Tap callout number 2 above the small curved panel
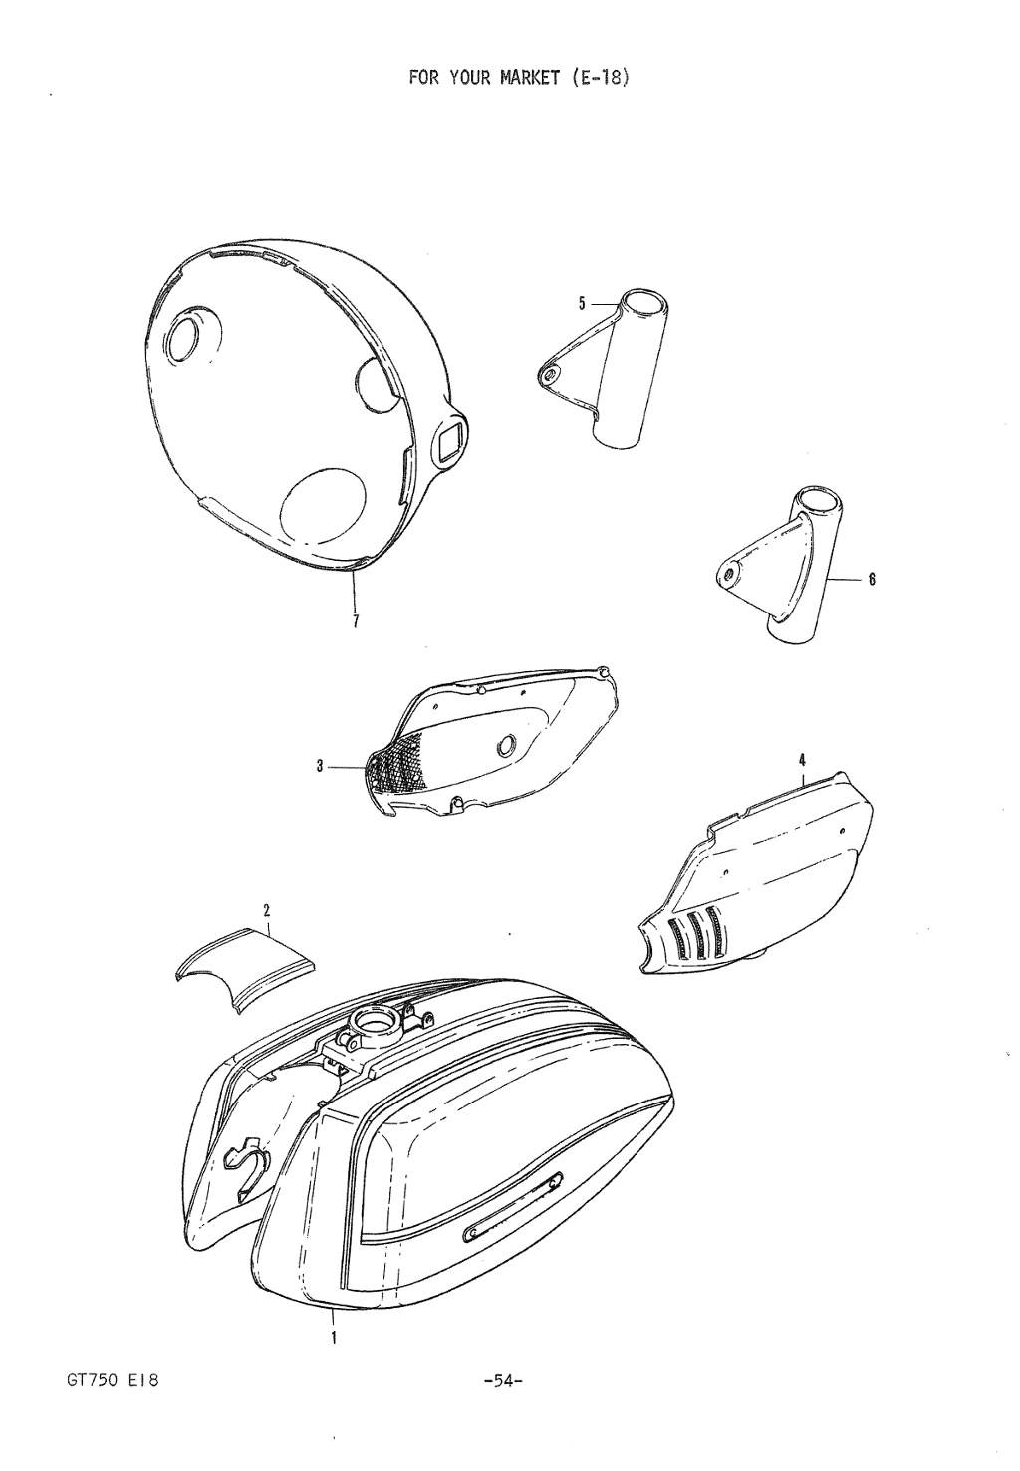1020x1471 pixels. [266, 910]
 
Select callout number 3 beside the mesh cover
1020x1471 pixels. [319, 766]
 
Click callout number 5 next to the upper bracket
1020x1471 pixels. [582, 303]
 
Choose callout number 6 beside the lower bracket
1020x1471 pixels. [871, 579]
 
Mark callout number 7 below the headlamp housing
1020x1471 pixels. [356, 620]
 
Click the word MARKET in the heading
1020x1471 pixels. [529, 77]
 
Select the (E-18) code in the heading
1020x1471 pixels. [597, 77]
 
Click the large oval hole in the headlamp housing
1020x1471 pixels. [323, 504]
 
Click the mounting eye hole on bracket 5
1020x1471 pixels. [549, 374]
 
